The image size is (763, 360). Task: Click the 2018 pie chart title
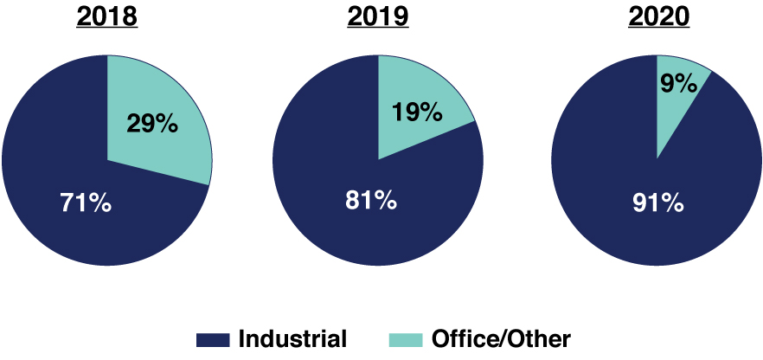point(107,18)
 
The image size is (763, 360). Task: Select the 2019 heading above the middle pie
point(378,18)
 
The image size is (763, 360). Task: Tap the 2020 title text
point(657,18)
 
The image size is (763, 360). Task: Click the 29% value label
point(153,124)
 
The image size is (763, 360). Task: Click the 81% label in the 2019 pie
point(370,202)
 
